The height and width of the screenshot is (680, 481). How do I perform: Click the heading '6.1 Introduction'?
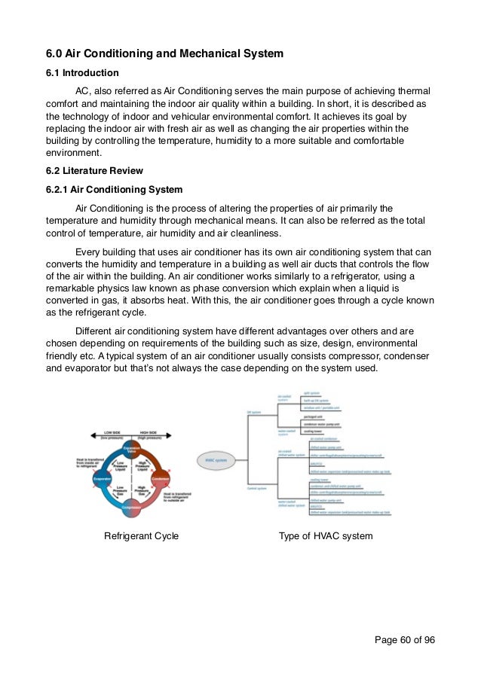pyautogui.click(x=82, y=73)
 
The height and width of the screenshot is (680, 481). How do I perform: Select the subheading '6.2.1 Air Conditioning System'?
pyautogui.click(x=114, y=189)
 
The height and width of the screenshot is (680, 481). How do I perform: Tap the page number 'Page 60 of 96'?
pyautogui.click(x=404, y=640)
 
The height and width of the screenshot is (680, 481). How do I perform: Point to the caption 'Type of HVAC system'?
pyautogui.click(x=326, y=536)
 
